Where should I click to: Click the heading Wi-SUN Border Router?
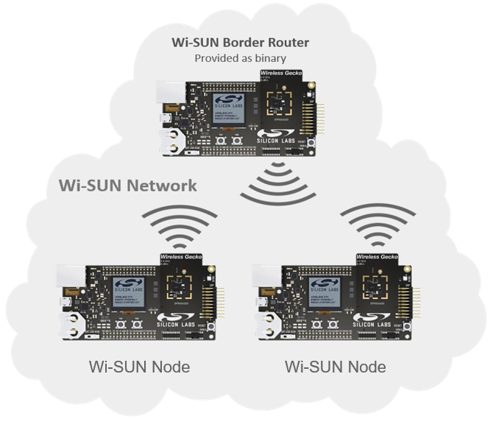tap(240, 42)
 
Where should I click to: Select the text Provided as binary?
tap(240, 57)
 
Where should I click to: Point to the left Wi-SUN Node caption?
tap(139, 366)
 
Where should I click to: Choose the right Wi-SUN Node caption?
tap(335, 366)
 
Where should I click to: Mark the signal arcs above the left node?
tap(179, 225)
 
